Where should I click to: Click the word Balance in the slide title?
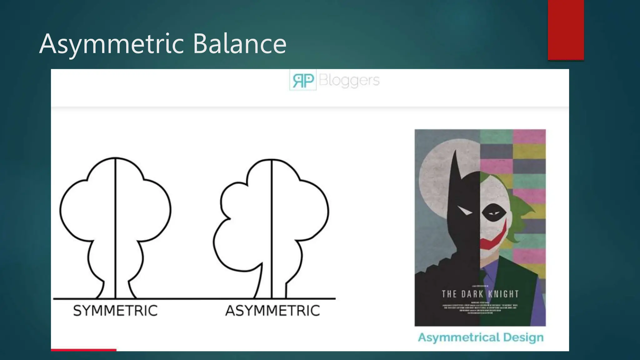[239, 44]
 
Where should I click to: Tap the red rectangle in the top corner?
[566, 30]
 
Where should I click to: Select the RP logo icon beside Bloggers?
[303, 80]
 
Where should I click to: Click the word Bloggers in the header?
[349, 80]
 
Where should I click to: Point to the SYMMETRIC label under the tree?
[115, 311]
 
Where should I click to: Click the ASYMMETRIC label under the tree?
[272, 311]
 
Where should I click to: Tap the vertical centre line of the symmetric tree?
[115, 228]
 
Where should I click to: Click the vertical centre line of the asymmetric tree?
[272, 228]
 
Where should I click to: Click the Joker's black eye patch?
[494, 213]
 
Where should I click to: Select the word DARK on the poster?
[472, 294]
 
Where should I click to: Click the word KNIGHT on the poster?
[503, 294]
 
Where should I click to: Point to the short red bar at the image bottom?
[83, 350]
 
